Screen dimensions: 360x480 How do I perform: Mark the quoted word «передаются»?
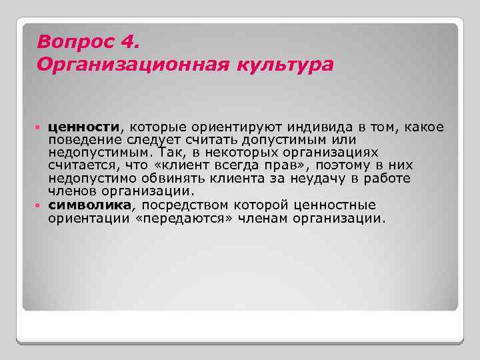[x=173, y=217]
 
